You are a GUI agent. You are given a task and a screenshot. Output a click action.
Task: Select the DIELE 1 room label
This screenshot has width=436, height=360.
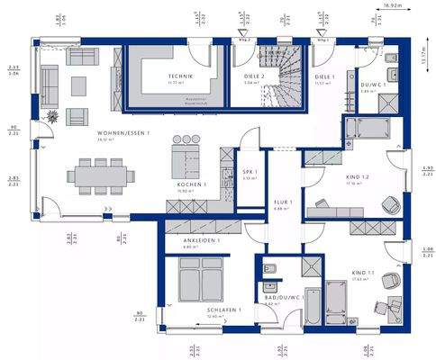[x=324, y=77]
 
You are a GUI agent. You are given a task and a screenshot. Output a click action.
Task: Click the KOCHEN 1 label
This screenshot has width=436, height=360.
[x=192, y=184]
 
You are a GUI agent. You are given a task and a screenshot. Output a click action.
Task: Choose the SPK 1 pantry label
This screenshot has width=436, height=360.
[x=250, y=172]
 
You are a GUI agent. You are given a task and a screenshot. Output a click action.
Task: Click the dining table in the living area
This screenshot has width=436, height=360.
[x=100, y=173]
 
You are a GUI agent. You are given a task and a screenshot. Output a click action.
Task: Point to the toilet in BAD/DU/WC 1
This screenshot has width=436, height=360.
[x=269, y=268]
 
